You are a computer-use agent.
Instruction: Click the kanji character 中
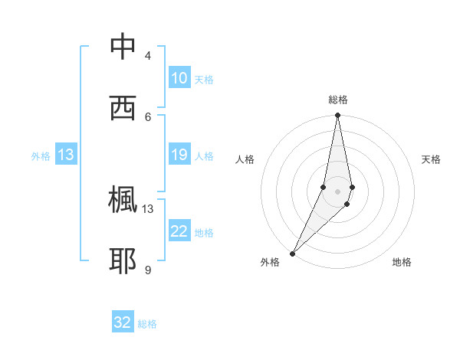(123, 47)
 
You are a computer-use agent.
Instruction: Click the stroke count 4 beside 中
(148, 56)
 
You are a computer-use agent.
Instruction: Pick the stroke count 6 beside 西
(148, 116)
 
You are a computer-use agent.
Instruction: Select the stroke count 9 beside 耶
(148, 270)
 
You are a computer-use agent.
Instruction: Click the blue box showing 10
(179, 78)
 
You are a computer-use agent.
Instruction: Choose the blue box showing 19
(179, 155)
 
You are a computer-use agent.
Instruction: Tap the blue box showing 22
(179, 231)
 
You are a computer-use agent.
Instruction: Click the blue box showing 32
(123, 322)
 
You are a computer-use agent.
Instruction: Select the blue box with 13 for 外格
(66, 155)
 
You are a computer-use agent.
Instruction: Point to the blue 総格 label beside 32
(147, 324)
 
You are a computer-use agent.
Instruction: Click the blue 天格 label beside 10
(204, 80)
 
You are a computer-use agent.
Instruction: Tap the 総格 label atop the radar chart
(337, 100)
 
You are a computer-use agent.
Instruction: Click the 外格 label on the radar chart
(270, 263)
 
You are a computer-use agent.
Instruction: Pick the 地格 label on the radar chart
(402, 263)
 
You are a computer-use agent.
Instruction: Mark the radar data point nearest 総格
(337, 116)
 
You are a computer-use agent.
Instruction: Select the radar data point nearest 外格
(292, 253)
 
